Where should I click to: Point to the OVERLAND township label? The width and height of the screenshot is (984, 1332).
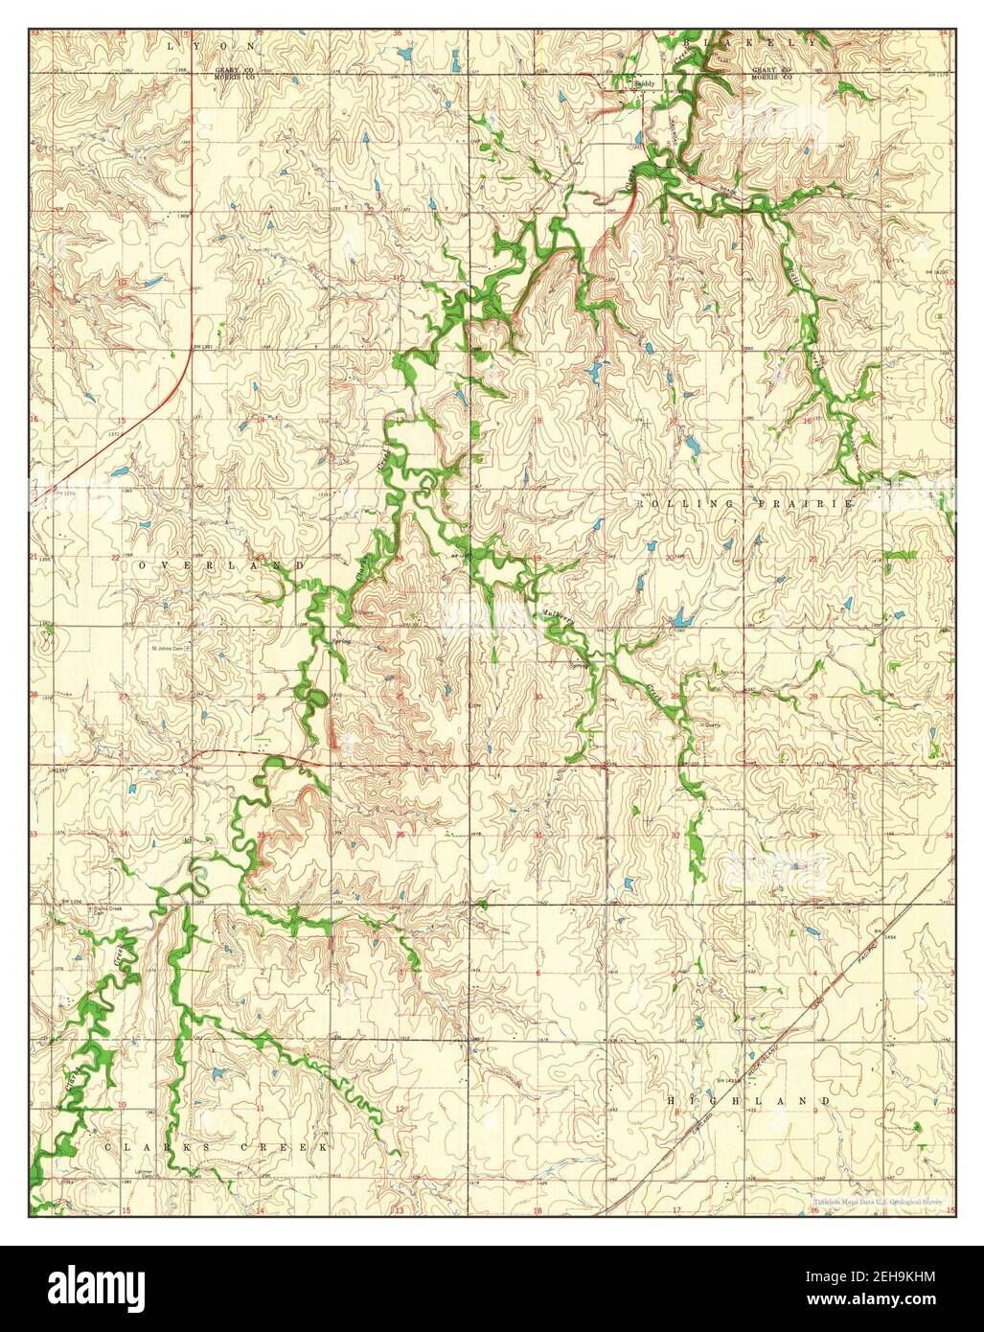[221, 566]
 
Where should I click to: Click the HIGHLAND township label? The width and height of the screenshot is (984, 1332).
[748, 1102]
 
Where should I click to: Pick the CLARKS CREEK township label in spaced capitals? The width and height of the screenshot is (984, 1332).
[217, 1146]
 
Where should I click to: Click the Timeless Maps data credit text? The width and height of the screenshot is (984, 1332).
[879, 1201]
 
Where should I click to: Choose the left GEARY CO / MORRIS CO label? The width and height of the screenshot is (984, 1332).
[234, 73]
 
